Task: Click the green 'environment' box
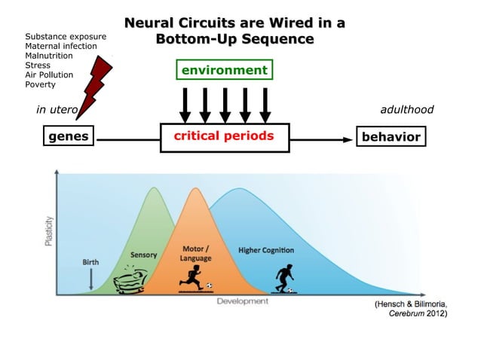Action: click(224, 71)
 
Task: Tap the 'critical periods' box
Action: click(224, 136)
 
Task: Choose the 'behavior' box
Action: click(389, 136)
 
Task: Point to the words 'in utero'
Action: click(57, 110)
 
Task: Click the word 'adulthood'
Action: click(407, 110)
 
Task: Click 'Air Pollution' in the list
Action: click(49, 75)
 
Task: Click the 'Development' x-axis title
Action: click(243, 301)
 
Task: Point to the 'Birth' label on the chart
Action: click(90, 261)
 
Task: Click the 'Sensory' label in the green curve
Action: click(144, 255)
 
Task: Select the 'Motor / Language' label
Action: click(196, 253)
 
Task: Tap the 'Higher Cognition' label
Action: click(266, 249)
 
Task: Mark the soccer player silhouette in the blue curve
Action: click(284, 278)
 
